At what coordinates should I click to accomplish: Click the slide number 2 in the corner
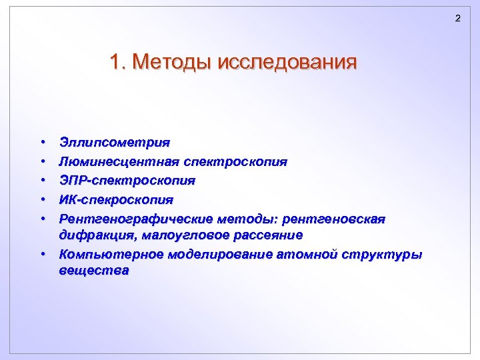(457, 18)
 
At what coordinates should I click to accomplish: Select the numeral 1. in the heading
(118, 63)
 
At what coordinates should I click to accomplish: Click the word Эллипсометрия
(114, 143)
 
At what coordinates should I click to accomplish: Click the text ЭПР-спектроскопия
(127, 181)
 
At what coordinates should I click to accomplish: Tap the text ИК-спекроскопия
(116, 199)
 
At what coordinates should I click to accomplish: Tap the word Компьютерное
(108, 255)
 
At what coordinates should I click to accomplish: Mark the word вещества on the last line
(93, 271)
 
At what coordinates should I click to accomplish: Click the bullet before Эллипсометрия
(42, 143)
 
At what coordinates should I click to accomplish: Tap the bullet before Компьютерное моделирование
(42, 255)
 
